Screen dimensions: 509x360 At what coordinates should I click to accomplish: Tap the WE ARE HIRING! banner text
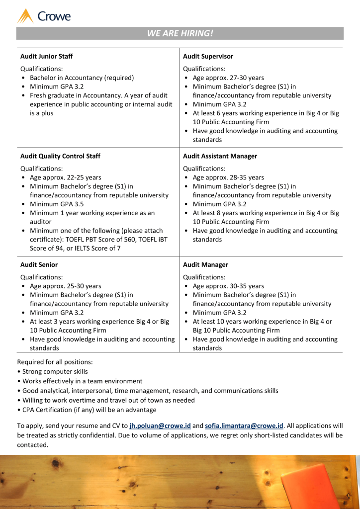click(x=180, y=33)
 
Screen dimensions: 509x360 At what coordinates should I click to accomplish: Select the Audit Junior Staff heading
click(x=46, y=56)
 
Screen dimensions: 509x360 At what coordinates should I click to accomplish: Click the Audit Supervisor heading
click(x=208, y=56)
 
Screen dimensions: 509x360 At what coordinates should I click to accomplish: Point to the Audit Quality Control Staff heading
click(x=60, y=156)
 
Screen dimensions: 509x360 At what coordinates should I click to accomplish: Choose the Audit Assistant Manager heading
click(x=220, y=156)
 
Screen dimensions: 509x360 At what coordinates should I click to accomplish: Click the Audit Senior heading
click(x=39, y=265)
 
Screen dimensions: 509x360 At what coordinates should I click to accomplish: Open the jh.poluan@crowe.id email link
click(x=160, y=426)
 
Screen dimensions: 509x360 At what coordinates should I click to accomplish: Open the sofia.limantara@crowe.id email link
click(x=244, y=426)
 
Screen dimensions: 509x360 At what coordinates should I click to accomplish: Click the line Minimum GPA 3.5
click(x=57, y=204)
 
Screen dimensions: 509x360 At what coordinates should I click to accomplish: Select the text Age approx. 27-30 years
click(x=228, y=78)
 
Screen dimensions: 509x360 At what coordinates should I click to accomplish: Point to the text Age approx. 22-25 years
click(x=65, y=177)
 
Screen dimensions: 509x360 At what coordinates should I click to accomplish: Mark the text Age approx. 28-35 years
click(x=228, y=177)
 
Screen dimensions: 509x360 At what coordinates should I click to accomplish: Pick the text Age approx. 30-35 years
click(x=228, y=286)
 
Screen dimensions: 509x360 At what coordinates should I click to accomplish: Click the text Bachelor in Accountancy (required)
click(x=82, y=78)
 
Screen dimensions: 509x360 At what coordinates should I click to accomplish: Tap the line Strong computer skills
click(x=55, y=371)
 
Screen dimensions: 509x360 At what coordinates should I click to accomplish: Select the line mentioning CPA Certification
click(x=89, y=410)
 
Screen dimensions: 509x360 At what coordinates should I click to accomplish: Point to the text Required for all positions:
click(x=55, y=362)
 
